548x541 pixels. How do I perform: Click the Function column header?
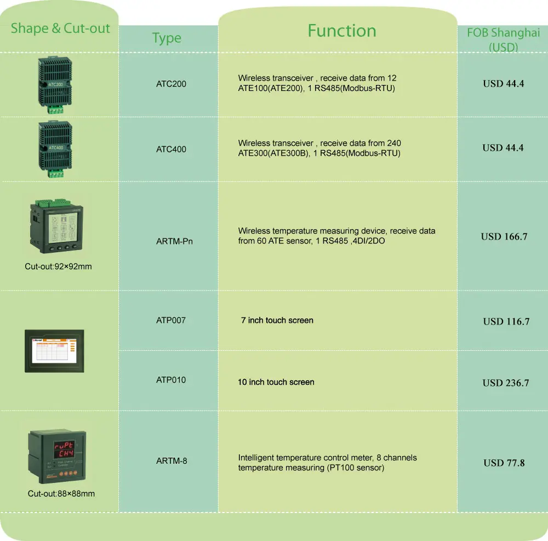coord(342,31)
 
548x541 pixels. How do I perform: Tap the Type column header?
coord(167,38)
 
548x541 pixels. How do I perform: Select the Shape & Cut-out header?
coord(60,29)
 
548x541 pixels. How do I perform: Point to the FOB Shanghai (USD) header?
coord(503,39)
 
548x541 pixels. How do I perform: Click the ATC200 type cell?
coord(171,84)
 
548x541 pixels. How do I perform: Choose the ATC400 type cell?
coord(171,149)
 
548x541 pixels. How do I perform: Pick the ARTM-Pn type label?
coord(174,241)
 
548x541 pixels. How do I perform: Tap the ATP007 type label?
coord(170,320)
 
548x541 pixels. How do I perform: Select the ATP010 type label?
coord(170,380)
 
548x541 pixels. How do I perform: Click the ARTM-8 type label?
coord(171,461)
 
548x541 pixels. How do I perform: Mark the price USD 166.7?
coord(504,237)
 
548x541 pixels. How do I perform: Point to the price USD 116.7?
coord(506,322)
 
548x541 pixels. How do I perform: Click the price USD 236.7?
coord(505,383)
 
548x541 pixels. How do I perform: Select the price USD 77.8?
coord(504,463)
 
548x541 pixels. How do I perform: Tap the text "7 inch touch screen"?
coord(277,321)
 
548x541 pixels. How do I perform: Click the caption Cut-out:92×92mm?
coord(58,266)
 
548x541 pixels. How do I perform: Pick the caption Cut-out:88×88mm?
coord(61,494)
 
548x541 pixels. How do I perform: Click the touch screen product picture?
coord(54,351)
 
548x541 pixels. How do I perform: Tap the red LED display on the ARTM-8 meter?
coord(64,449)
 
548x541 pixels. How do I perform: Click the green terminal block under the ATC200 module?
coord(55,110)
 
